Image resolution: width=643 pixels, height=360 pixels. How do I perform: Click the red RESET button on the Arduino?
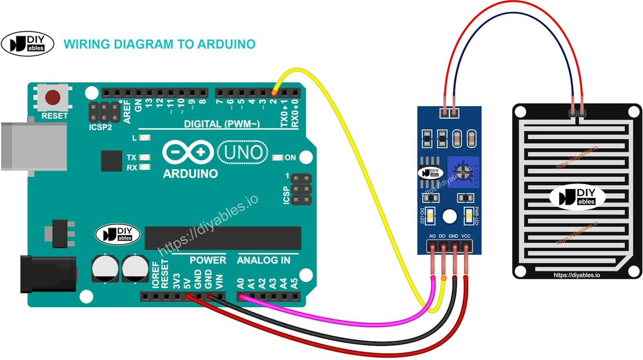click(x=53, y=97)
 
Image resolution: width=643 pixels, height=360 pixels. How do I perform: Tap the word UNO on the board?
click(x=243, y=152)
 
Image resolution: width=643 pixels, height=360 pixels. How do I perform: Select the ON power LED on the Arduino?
click(x=278, y=158)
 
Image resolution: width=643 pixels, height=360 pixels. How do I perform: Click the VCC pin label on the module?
click(x=466, y=236)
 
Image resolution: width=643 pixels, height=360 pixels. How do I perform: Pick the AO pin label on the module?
click(x=432, y=236)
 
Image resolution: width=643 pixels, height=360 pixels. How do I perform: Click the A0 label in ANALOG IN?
click(x=240, y=283)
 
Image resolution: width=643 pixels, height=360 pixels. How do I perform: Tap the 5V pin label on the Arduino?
click(x=187, y=283)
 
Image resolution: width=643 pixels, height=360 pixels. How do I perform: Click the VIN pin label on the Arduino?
click(x=219, y=281)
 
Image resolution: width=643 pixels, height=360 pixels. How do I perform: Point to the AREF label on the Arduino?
click(x=127, y=111)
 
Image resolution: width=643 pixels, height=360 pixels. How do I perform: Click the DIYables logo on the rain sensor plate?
click(x=577, y=198)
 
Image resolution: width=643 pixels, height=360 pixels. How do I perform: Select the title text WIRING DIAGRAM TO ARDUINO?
click(x=159, y=44)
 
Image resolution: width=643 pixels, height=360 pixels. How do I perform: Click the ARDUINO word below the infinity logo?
click(x=190, y=174)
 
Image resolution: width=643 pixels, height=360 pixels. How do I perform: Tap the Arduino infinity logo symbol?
click(x=188, y=152)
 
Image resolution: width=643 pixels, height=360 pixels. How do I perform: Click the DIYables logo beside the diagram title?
click(x=28, y=44)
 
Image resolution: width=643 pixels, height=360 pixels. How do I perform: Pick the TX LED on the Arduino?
click(x=145, y=157)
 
